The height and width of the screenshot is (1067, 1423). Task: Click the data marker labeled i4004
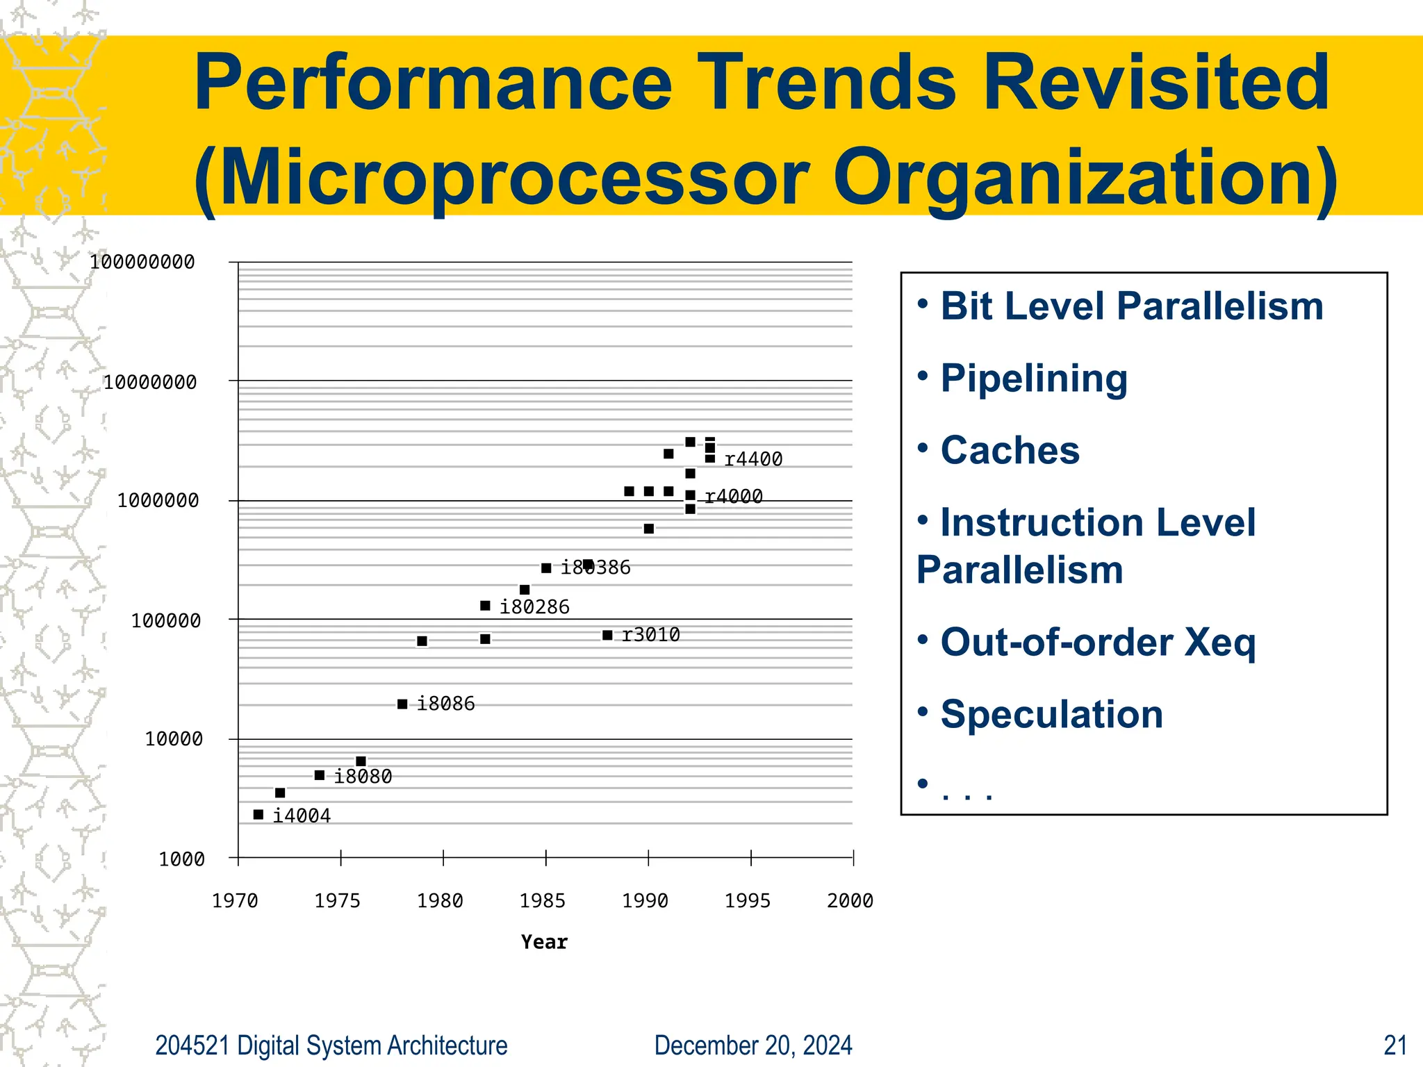(258, 814)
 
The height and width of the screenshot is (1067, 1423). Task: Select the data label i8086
(445, 704)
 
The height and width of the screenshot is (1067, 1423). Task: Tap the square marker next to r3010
(607, 635)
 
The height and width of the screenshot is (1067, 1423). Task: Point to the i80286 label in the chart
(534, 607)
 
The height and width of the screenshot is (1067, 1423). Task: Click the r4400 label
(753, 459)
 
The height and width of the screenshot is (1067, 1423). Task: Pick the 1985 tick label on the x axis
(542, 901)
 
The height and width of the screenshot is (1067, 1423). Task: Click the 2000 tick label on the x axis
(850, 901)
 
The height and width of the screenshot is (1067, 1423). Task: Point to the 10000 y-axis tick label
(174, 739)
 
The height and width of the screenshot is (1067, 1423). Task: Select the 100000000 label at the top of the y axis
(142, 262)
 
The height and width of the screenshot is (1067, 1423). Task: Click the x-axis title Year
(544, 942)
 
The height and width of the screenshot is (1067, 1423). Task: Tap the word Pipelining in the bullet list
(1033, 379)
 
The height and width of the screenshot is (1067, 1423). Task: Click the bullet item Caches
(1010, 450)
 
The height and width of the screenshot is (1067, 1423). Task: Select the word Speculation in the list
(1051, 714)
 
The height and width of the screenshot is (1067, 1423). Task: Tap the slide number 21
(1395, 1045)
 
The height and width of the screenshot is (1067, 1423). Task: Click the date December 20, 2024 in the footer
(752, 1045)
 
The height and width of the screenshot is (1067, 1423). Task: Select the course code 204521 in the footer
(192, 1045)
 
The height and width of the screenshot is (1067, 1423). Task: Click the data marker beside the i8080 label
(320, 775)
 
